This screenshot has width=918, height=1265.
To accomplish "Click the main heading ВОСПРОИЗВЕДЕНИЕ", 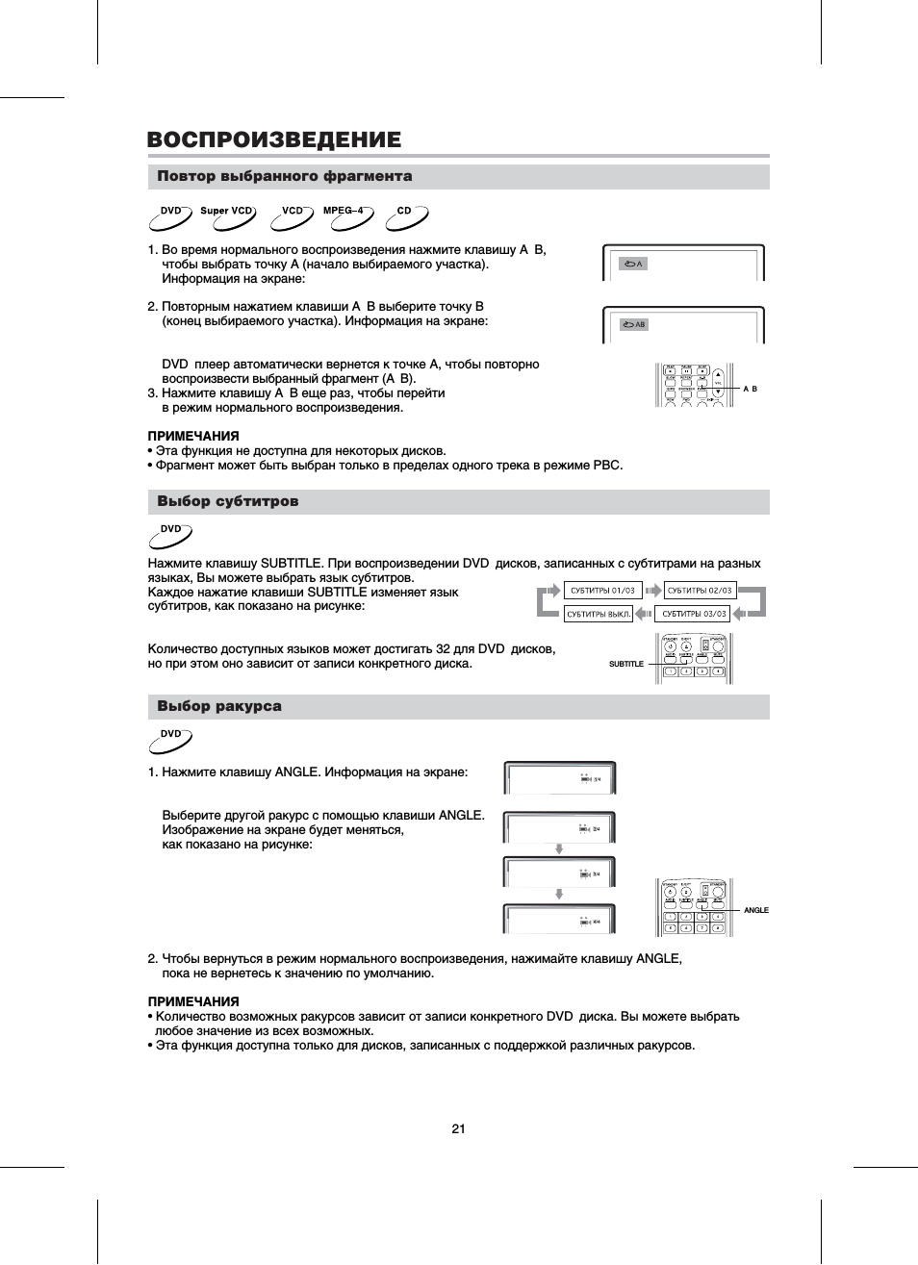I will click(274, 139).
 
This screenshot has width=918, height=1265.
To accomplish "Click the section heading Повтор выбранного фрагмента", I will click(285, 176).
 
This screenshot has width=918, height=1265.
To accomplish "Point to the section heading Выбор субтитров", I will click(228, 501).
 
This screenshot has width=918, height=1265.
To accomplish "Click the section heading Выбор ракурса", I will click(219, 706).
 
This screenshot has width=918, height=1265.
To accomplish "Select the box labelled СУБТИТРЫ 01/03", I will click(603, 590).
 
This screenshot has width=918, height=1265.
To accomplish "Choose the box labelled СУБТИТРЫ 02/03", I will click(700, 590).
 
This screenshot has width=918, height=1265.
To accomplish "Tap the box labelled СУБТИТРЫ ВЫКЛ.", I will click(599, 614).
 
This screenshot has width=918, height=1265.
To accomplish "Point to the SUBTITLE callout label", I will click(626, 664).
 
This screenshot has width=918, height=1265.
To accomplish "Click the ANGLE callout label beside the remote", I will click(756, 910).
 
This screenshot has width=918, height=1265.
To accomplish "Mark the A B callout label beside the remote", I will click(751, 389).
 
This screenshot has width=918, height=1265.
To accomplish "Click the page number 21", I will click(458, 1128).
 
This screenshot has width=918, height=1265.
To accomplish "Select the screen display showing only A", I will click(683, 263).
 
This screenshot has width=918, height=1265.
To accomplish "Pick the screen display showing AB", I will click(683, 324).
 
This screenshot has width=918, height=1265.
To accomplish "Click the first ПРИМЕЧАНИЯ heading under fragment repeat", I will click(193, 436).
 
